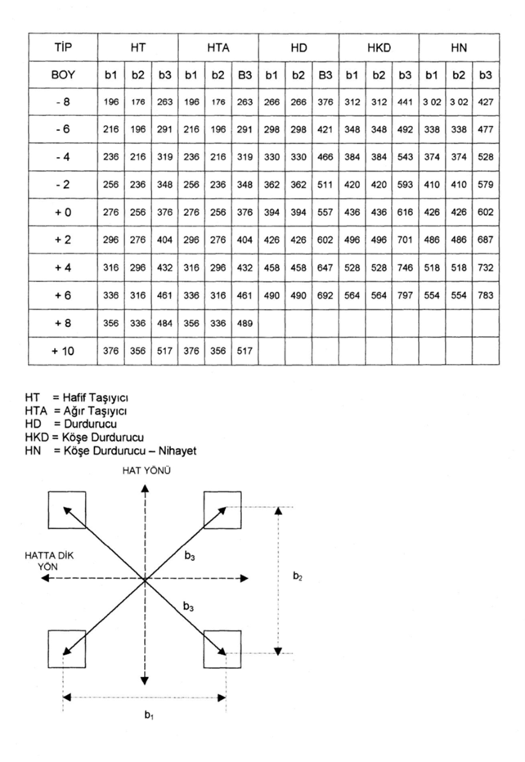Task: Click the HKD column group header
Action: tap(379, 48)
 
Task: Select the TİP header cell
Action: tap(62, 48)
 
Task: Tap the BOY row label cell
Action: tap(62, 74)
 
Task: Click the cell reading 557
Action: tap(325, 212)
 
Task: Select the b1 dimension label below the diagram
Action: tap(148, 716)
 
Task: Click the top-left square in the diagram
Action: tap(67, 509)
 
